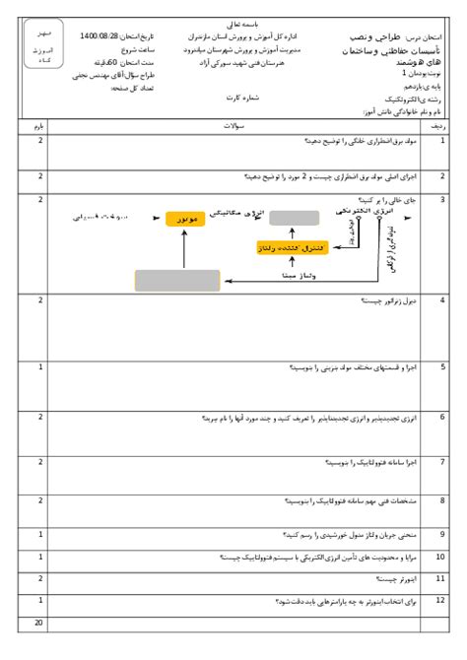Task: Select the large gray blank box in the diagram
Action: pyautogui.click(x=177, y=279)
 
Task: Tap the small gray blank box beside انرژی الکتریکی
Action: pyautogui.click(x=288, y=218)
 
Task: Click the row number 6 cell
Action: pyautogui.click(x=440, y=417)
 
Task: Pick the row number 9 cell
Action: pyautogui.click(x=440, y=536)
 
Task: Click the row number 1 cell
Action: pyautogui.click(x=440, y=142)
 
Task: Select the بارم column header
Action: pyautogui.click(x=39, y=127)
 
